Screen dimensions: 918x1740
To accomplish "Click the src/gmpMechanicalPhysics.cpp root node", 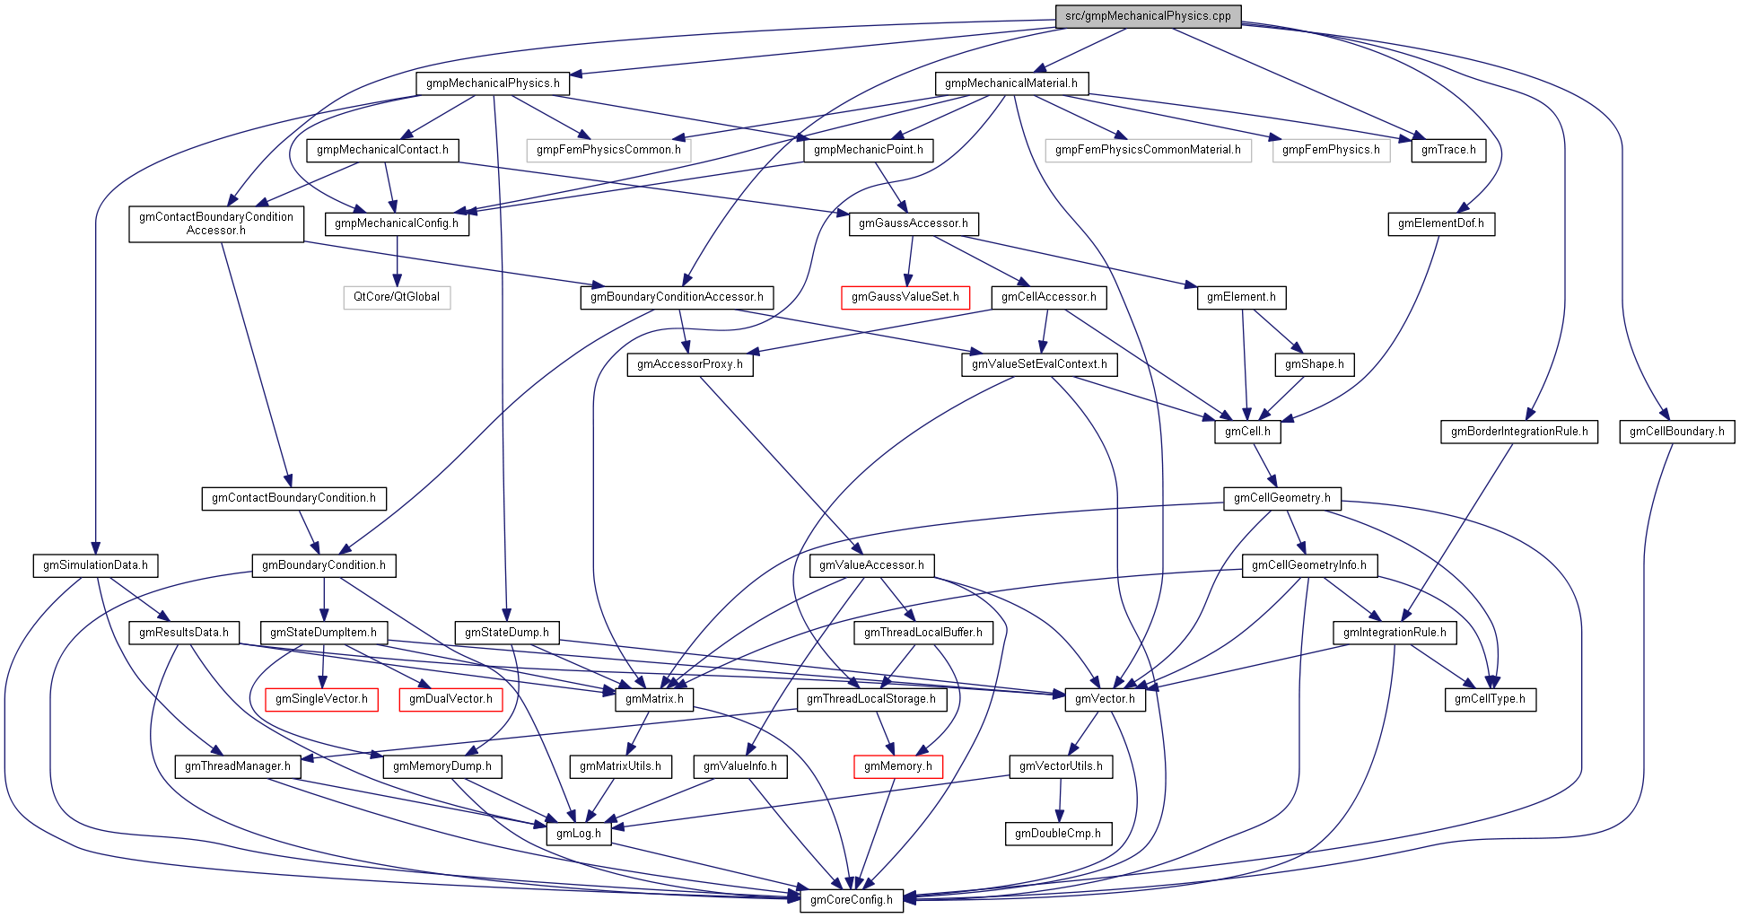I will [1148, 16].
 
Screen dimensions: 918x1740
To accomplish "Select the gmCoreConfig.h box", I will [851, 900].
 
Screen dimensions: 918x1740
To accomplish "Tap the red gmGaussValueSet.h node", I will [905, 297].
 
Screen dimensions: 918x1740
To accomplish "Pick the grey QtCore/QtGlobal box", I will [397, 297].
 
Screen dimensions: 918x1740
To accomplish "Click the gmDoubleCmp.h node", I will [1058, 834].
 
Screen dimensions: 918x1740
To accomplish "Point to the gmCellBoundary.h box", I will [1676, 432].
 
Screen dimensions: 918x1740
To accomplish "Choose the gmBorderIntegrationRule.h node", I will [1519, 432].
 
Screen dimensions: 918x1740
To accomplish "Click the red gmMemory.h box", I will [897, 766].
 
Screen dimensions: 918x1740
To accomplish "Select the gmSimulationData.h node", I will [95, 565].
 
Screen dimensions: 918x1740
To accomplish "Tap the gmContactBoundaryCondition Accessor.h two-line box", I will [216, 223].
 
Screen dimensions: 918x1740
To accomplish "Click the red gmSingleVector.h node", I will [321, 699].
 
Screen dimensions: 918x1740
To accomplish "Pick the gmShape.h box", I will [1314, 364].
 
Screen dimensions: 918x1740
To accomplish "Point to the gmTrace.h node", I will [1448, 150].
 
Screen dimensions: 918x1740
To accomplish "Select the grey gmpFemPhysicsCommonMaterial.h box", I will [1148, 150].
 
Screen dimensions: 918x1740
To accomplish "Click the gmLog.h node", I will [578, 834].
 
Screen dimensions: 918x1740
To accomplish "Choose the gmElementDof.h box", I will [1440, 223].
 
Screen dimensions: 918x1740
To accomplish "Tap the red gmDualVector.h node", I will [450, 699].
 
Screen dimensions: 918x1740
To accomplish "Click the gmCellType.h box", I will [1490, 699].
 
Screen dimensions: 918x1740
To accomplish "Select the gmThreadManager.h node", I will [237, 766].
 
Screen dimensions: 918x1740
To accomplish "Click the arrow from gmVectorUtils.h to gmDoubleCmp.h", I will [1060, 800].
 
